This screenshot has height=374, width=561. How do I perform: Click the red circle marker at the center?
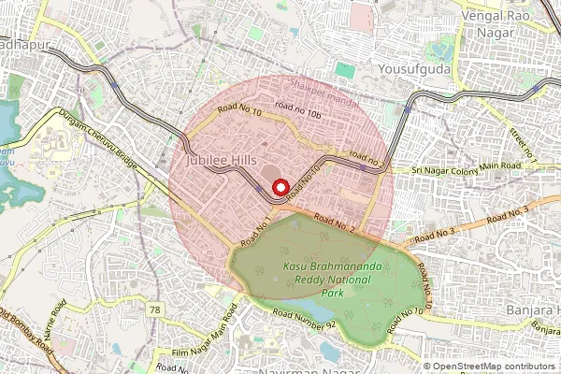click(280, 187)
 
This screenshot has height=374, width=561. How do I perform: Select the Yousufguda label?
click(415, 68)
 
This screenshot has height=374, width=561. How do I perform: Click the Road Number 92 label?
click(304, 324)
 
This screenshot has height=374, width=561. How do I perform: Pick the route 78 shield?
click(153, 309)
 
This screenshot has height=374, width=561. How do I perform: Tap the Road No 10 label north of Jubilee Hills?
click(239, 110)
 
